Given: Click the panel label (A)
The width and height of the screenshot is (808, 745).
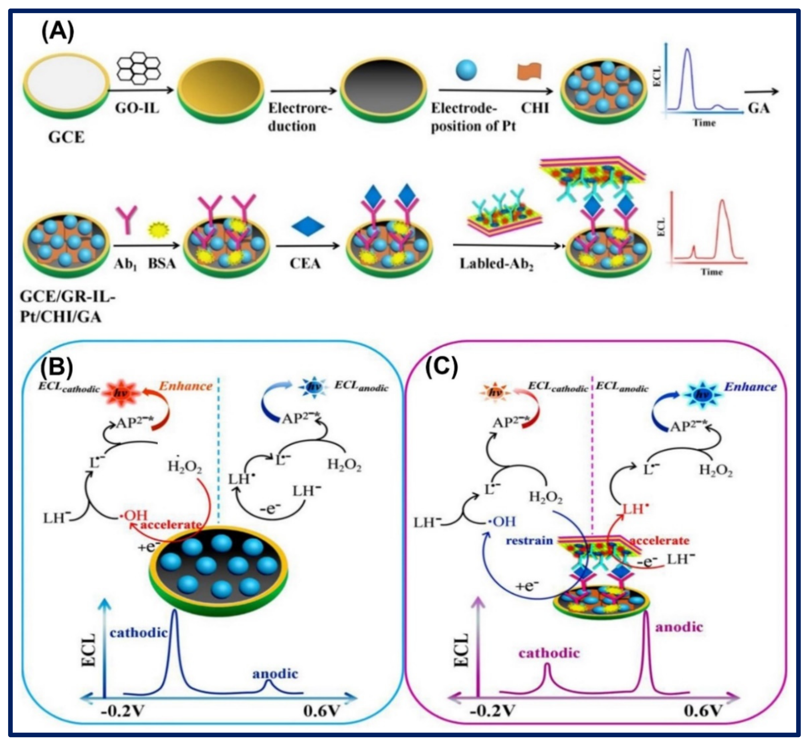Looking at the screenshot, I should point(58,32).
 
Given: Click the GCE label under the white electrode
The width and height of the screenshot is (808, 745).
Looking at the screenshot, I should point(67,138).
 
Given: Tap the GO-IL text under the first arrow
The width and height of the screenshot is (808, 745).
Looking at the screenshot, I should point(137,108).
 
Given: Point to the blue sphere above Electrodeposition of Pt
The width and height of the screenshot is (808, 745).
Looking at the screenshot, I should point(466,70).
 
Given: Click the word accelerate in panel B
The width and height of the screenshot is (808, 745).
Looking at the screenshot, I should point(171,524).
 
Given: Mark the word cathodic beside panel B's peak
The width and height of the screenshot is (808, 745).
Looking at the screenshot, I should point(139,632).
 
